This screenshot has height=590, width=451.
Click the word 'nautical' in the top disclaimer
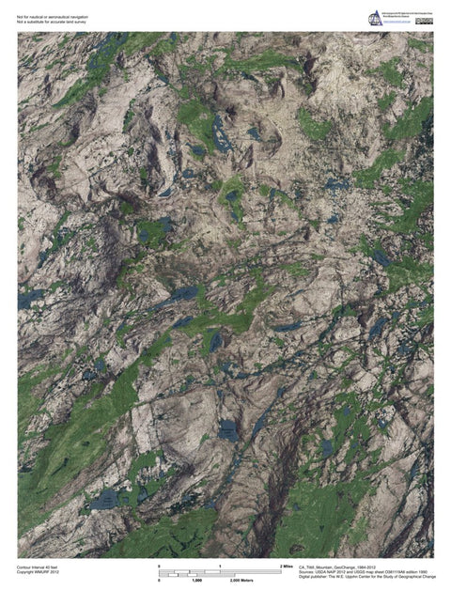click(39, 16)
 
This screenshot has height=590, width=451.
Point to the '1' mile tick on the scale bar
click(220, 566)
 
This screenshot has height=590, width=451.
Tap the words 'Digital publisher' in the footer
click(316, 579)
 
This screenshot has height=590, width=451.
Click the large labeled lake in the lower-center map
click(228, 430)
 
